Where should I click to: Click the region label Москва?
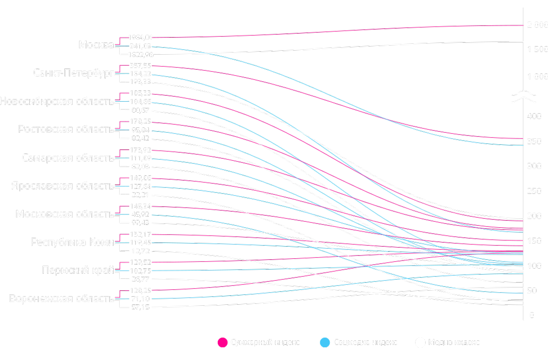click(96, 45)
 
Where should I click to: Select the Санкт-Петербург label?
click(73, 73)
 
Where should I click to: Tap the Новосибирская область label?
click(57, 101)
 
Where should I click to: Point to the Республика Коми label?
click(72, 242)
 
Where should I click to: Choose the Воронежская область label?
click(61, 299)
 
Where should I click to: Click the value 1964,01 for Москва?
click(140, 37)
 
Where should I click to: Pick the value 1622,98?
click(140, 54)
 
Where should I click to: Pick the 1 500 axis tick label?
click(537, 49)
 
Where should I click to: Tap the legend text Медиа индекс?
click(454, 342)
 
